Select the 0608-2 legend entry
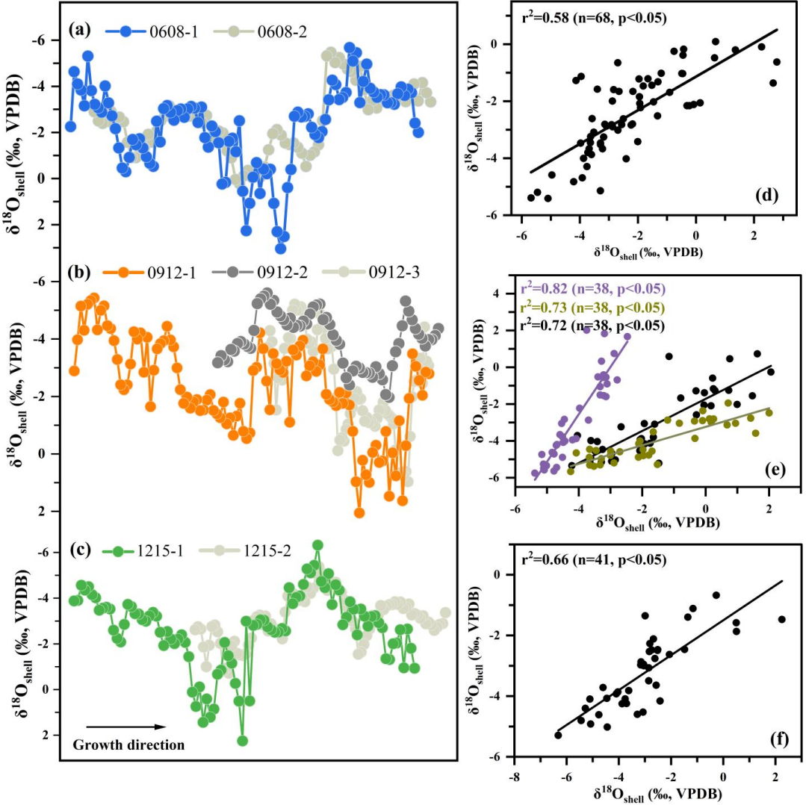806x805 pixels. [x=255, y=32]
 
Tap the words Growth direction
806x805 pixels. [x=128, y=744]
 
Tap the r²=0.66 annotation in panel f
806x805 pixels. [x=590, y=558]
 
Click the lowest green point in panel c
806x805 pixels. [x=242, y=741]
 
